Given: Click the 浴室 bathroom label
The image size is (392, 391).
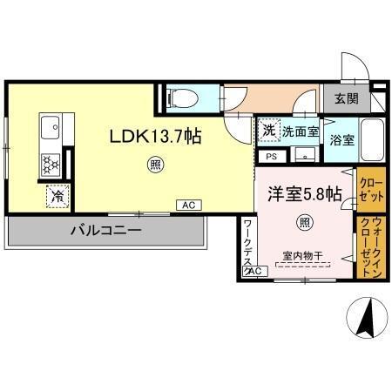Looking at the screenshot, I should click(x=341, y=140).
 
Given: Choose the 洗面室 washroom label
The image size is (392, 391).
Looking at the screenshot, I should click(x=299, y=131).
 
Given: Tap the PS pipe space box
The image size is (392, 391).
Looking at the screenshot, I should click(x=271, y=157).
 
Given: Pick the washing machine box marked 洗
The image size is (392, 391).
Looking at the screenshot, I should click(x=268, y=130).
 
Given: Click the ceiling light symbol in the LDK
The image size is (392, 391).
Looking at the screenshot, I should click(x=154, y=163).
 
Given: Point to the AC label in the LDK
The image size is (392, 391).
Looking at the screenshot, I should click(x=187, y=206).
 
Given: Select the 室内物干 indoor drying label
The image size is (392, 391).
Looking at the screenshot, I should click(x=302, y=256).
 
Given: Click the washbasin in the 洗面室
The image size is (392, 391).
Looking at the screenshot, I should click(x=303, y=156).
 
